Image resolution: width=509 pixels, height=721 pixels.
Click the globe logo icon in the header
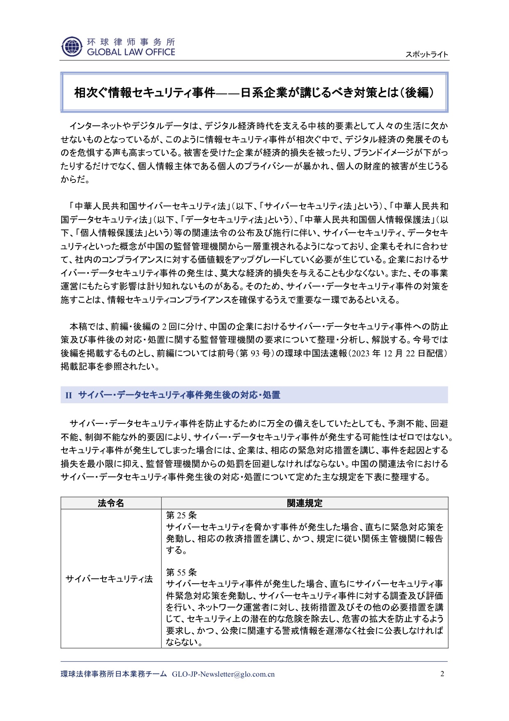click(72, 46)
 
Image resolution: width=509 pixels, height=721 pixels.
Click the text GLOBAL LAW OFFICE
click(131, 52)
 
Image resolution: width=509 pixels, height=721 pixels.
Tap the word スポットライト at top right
click(427, 54)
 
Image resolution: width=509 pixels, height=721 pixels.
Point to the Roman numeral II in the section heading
click(69, 395)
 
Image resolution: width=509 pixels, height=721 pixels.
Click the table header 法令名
click(111, 503)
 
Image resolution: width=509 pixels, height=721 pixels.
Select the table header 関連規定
click(304, 503)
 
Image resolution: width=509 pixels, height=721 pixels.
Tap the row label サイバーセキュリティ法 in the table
click(109, 579)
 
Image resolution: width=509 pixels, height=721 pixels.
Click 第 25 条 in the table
click(181, 515)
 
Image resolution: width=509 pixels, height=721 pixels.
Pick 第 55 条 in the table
click(181, 572)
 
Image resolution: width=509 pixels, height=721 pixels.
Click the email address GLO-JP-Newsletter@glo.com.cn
click(223, 674)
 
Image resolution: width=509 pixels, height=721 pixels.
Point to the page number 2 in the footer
click(442, 674)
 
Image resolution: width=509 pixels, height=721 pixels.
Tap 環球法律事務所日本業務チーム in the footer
click(114, 674)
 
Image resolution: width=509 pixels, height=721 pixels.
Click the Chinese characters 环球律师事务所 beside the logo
click(131, 42)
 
